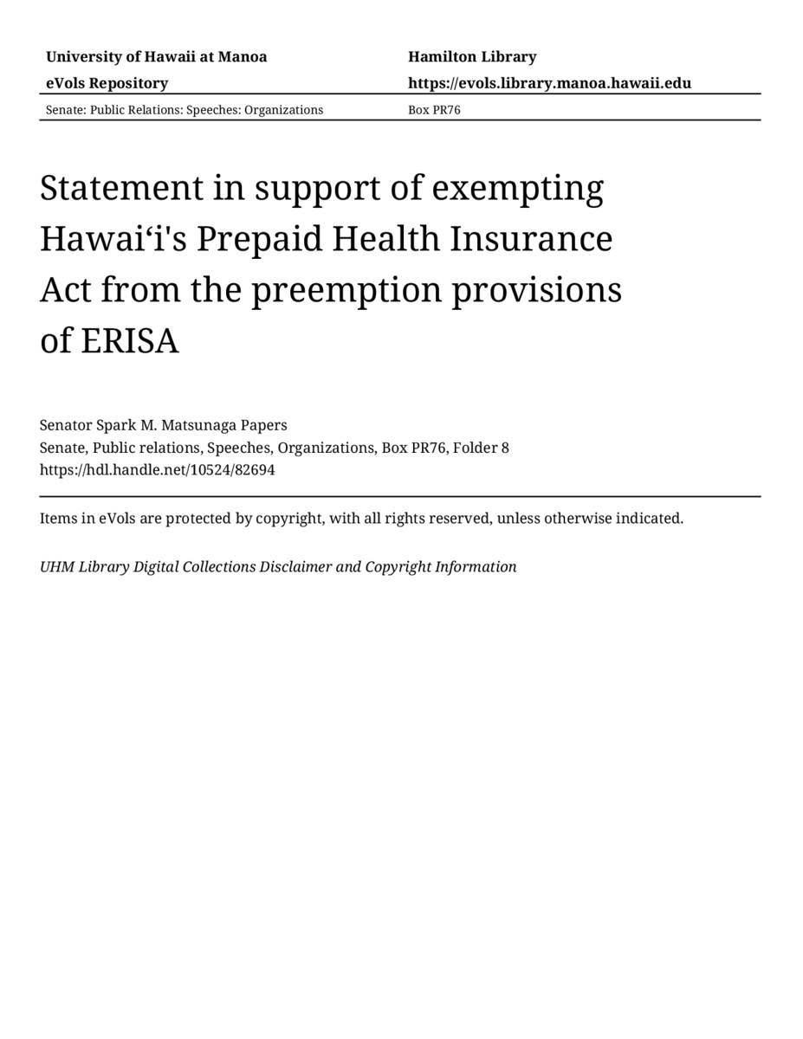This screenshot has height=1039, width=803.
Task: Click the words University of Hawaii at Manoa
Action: pyautogui.click(x=156, y=57)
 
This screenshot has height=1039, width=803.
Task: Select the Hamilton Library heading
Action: pyautogui.click(x=472, y=57)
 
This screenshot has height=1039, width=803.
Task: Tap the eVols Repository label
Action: pyautogui.click(x=107, y=83)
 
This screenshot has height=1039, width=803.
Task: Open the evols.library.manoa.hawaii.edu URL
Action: pyautogui.click(x=549, y=83)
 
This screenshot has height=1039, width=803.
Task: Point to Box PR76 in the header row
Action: pyautogui.click(x=434, y=110)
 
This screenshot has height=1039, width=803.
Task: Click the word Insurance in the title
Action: pyautogui.click(x=530, y=239)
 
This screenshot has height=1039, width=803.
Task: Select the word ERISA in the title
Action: pyautogui.click(x=130, y=342)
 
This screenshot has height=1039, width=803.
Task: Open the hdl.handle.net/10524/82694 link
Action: pyautogui.click(x=157, y=470)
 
